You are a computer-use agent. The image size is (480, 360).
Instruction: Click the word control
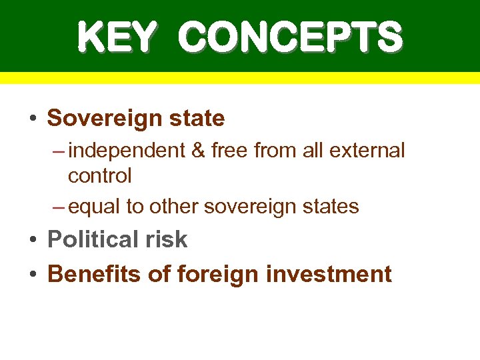point(100,176)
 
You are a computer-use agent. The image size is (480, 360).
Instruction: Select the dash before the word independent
point(59,151)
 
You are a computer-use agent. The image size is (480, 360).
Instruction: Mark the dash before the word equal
point(59,207)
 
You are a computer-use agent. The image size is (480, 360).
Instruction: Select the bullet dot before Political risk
point(31,240)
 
